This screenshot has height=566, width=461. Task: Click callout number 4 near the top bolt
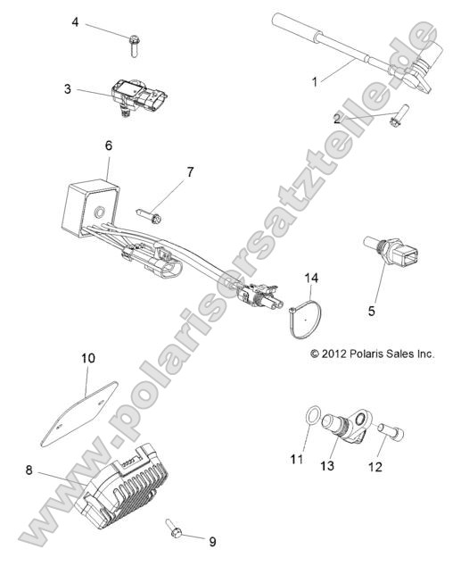75,22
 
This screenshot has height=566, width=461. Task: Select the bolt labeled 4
134,46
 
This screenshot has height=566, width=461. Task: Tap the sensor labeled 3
139,96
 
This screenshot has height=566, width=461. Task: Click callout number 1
315,82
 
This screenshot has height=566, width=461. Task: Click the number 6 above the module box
109,146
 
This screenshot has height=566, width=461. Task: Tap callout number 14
311,278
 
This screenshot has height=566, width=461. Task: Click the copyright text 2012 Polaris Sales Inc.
373,354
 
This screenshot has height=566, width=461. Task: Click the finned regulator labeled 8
122,485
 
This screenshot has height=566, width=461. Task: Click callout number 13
327,466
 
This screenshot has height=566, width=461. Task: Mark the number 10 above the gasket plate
88,358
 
